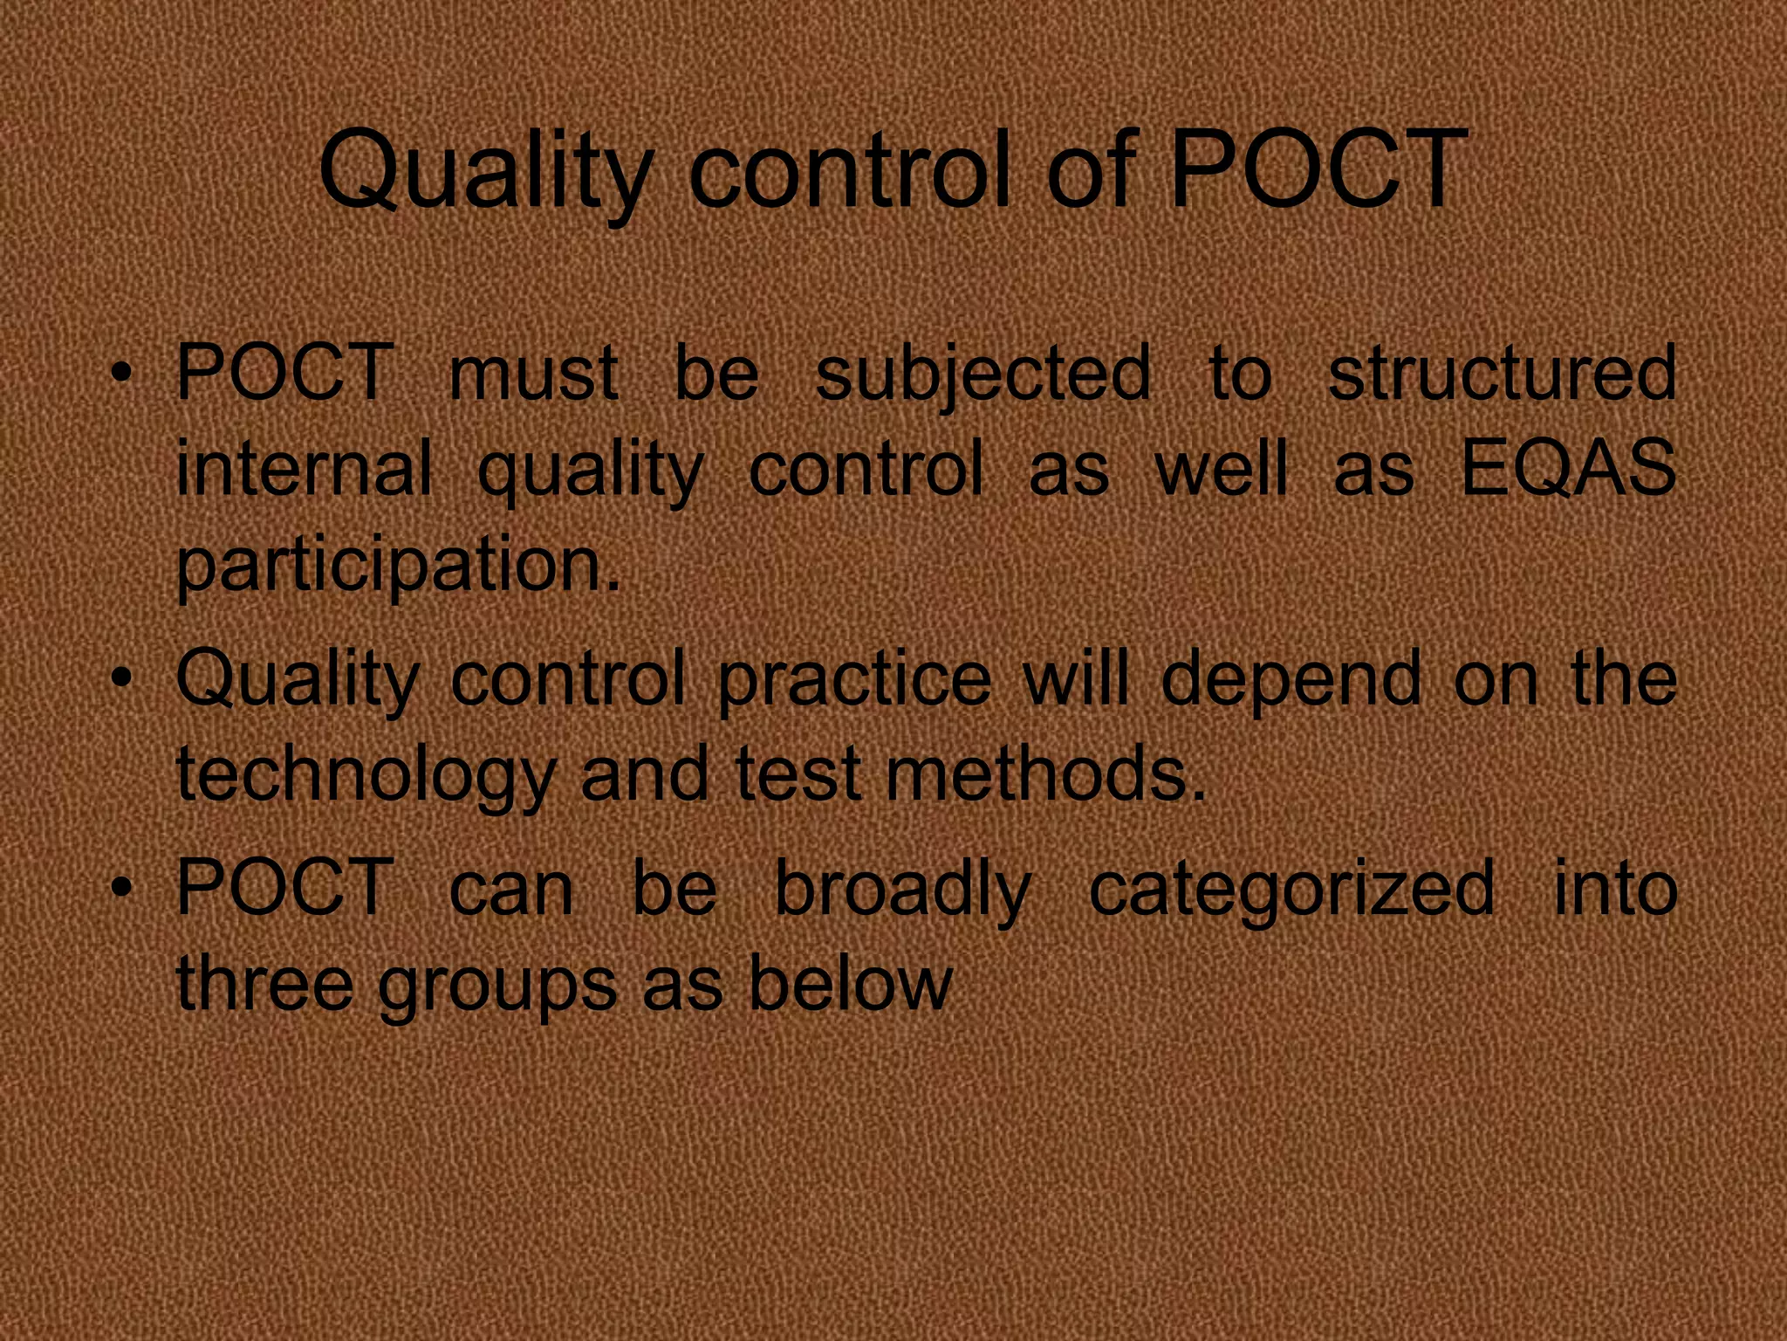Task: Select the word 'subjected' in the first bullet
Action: coord(983,375)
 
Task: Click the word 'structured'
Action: coord(1501,373)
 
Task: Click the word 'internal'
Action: coord(304,469)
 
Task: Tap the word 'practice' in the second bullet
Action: coord(854,682)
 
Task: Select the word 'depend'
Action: coord(1291,682)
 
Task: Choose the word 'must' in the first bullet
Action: coord(533,375)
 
